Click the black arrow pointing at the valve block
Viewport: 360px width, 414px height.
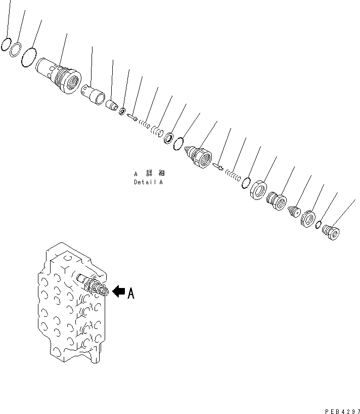click(x=118, y=291)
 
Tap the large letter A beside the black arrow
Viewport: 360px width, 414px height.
click(x=131, y=293)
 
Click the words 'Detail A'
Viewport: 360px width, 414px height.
click(x=148, y=182)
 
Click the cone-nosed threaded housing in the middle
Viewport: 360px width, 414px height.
click(x=200, y=156)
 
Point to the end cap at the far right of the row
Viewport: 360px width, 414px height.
click(x=331, y=233)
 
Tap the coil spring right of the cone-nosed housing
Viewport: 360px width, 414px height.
click(x=233, y=175)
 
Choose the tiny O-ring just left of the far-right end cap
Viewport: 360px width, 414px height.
click(x=320, y=225)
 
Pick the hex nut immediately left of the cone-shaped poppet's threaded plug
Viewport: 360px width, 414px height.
click(x=258, y=190)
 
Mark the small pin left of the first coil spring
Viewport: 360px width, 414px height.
click(x=132, y=117)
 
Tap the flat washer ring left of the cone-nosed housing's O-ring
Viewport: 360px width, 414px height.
click(x=168, y=138)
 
